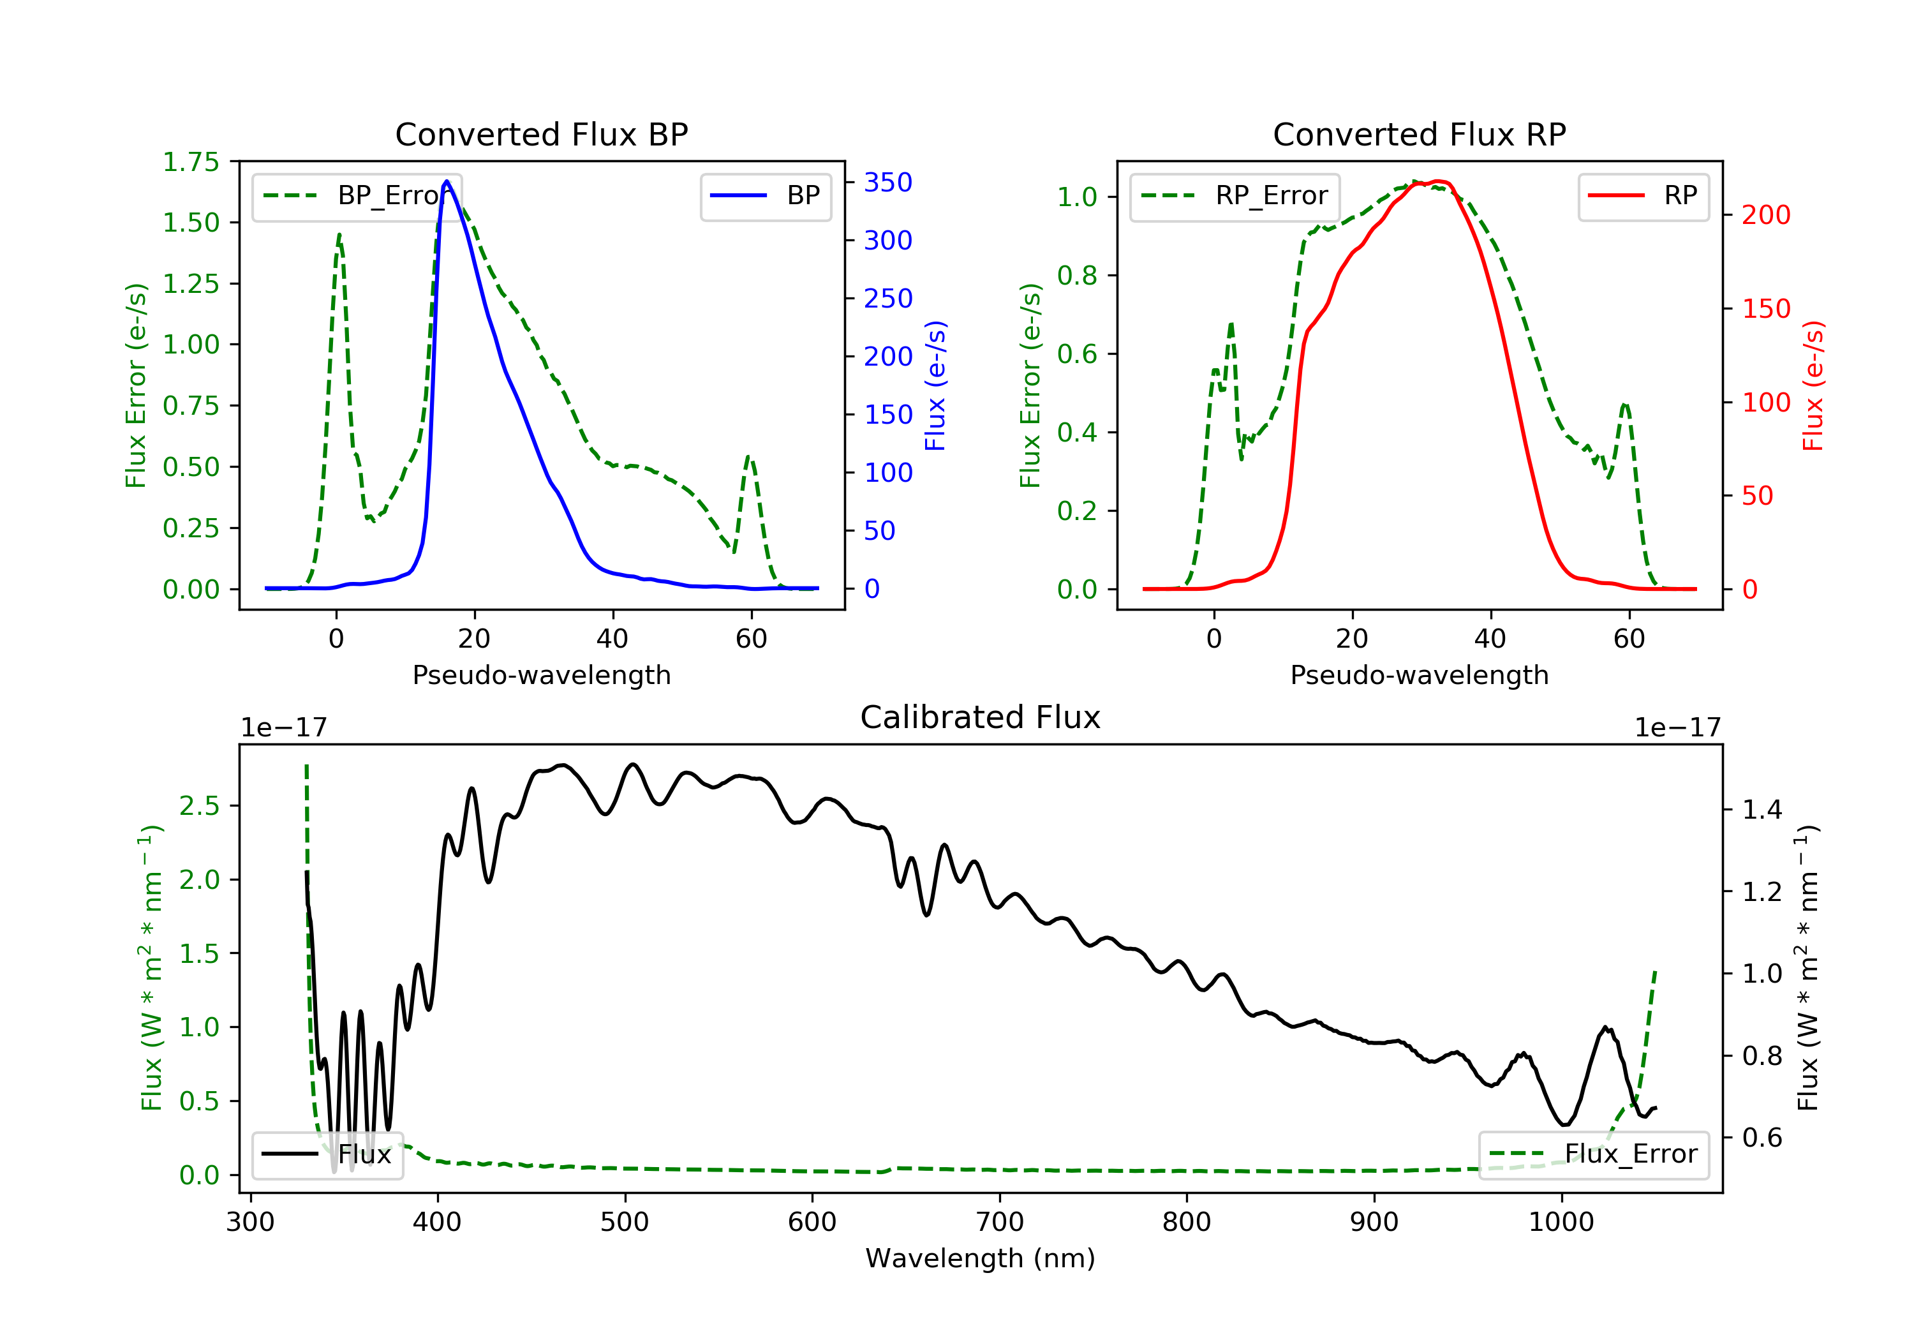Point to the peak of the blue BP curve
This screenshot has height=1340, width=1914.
[447, 181]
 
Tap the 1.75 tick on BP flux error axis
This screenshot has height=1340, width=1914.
[191, 162]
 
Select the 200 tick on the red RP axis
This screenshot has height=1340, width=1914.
[1765, 215]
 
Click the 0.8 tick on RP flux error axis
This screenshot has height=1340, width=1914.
[1077, 275]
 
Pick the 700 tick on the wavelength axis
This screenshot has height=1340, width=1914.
[1000, 1223]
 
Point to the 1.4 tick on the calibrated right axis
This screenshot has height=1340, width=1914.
[1762, 810]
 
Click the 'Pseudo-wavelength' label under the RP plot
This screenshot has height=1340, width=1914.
[1419, 675]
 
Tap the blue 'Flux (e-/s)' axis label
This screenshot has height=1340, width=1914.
[935, 386]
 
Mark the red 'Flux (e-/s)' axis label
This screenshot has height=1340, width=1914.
[1813, 386]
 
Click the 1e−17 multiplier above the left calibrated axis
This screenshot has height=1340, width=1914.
[283, 728]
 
